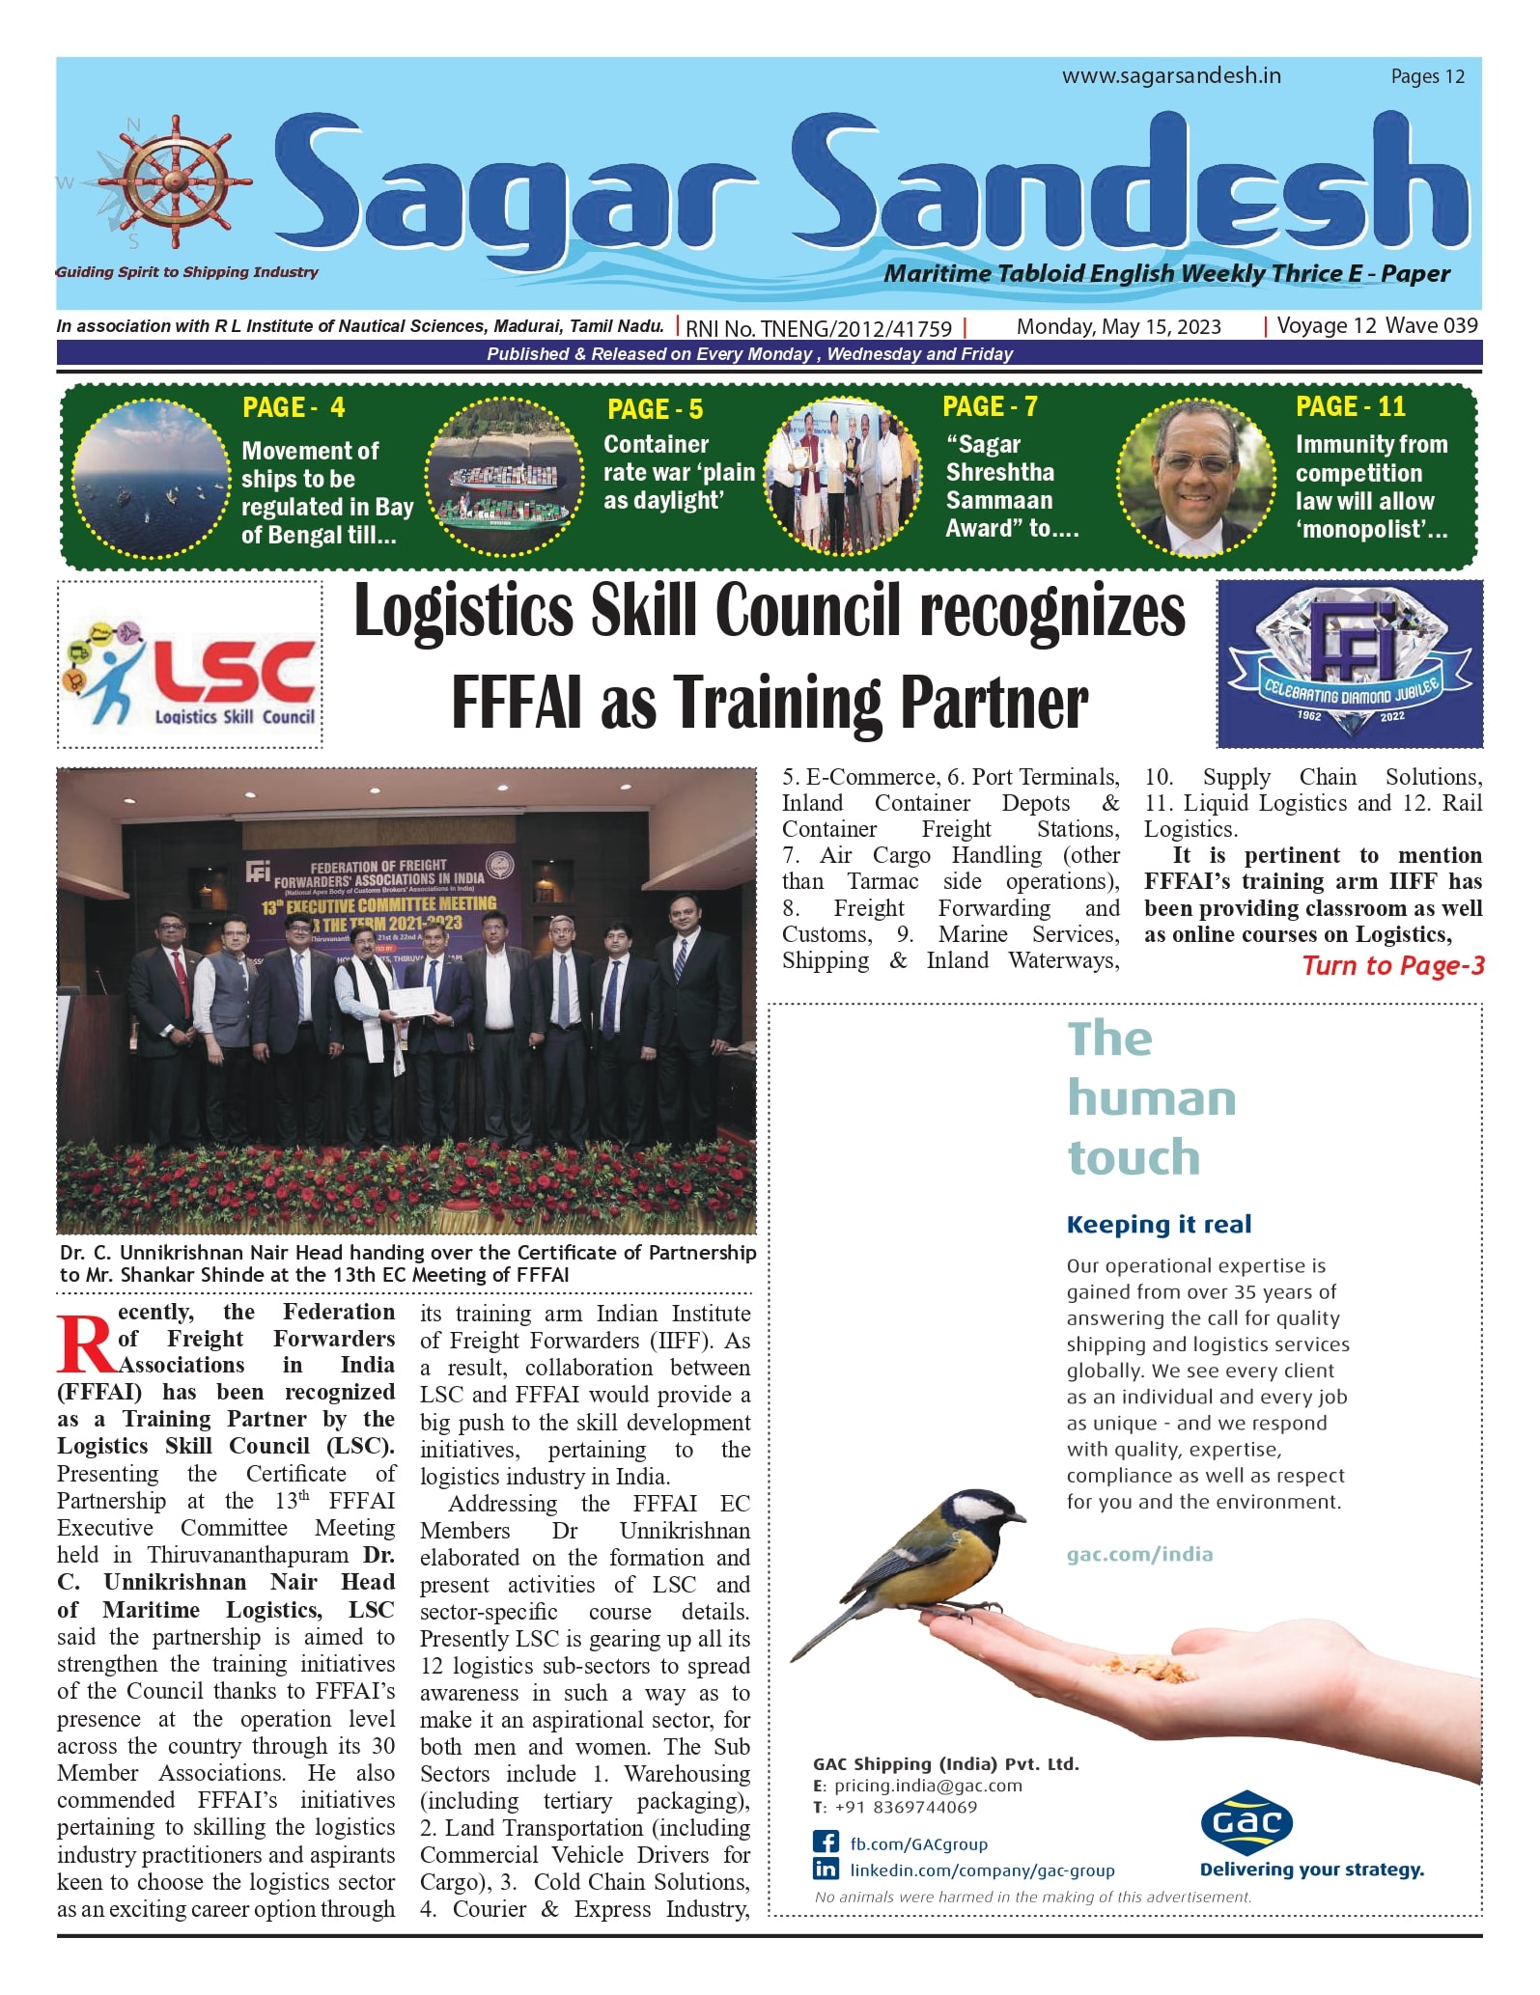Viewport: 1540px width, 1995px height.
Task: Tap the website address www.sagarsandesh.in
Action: [x=1171, y=76]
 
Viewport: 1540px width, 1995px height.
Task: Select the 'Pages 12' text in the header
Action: [x=1427, y=77]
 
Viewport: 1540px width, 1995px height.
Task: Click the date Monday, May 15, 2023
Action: [x=1118, y=327]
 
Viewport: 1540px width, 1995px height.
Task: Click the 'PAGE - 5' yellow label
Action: [x=655, y=410]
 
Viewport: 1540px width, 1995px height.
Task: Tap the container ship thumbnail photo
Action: [x=505, y=477]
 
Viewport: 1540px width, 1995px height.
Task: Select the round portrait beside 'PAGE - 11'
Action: [x=1196, y=478]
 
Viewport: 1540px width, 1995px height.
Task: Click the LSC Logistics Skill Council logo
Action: [x=190, y=665]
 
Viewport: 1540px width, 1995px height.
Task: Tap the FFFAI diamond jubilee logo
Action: [x=1350, y=664]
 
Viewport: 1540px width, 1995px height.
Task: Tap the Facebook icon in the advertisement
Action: [x=826, y=1843]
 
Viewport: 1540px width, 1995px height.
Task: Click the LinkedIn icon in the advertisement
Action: [x=826, y=1870]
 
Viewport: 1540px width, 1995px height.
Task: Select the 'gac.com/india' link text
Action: [x=1139, y=1555]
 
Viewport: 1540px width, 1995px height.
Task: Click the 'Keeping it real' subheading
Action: [x=1159, y=1225]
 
